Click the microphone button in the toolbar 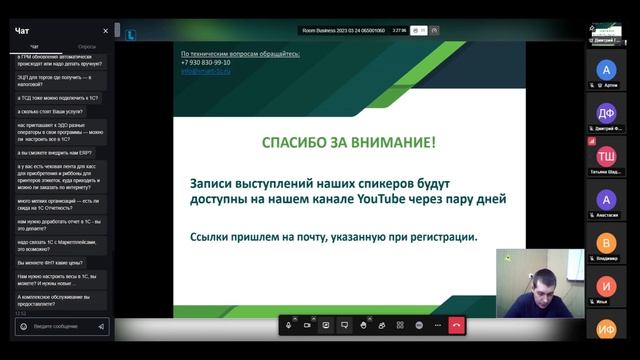288,325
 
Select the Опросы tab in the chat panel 87,47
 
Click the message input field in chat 60,326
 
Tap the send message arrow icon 101,326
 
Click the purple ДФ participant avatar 606,112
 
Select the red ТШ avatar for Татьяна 606,156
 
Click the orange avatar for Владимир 606,242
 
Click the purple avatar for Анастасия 606,199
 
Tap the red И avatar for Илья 606,285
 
